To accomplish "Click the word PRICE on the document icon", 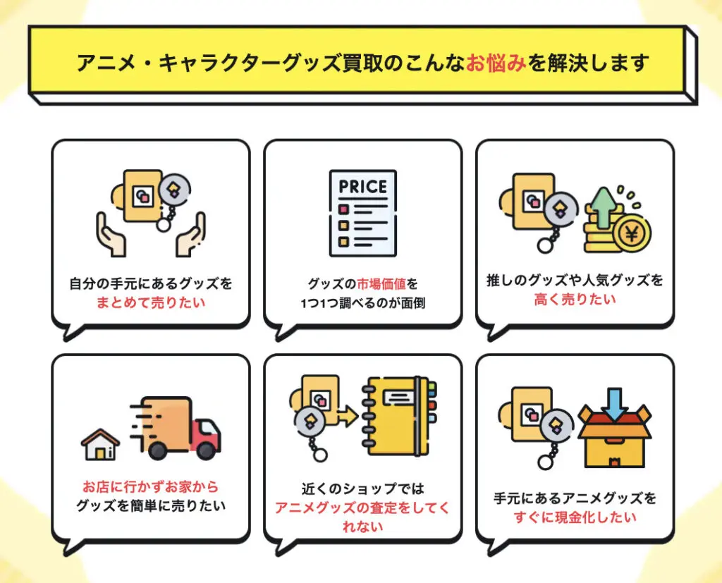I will point(363,187).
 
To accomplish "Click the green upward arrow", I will point(603,204).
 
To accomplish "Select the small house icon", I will point(100,443).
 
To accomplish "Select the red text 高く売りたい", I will point(575,299).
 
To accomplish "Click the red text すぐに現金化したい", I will point(575,517).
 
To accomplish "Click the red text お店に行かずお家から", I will point(151,487).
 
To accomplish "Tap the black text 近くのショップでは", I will point(362,489).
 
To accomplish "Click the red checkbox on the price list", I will point(344,209).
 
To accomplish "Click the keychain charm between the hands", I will point(173,189).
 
